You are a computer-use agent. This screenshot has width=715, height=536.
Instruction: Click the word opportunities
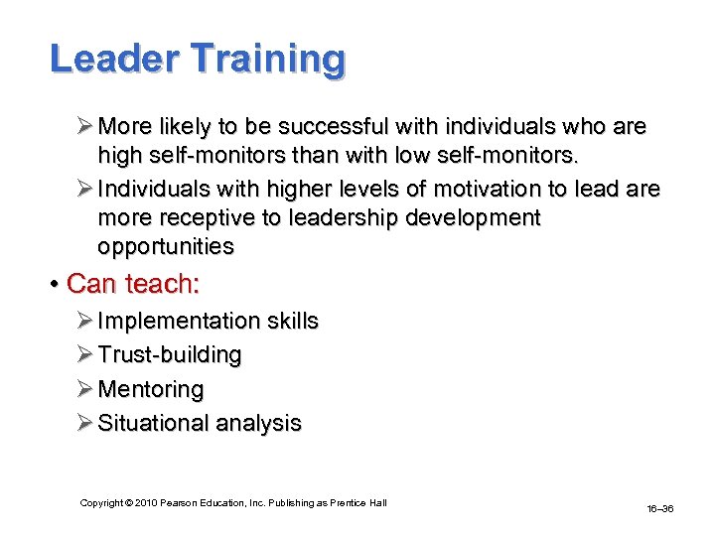point(166,246)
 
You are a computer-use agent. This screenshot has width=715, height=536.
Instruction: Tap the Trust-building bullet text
point(170,354)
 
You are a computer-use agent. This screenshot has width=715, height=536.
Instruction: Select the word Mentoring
point(150,389)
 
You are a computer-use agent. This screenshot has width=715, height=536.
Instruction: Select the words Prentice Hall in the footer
point(360,503)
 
